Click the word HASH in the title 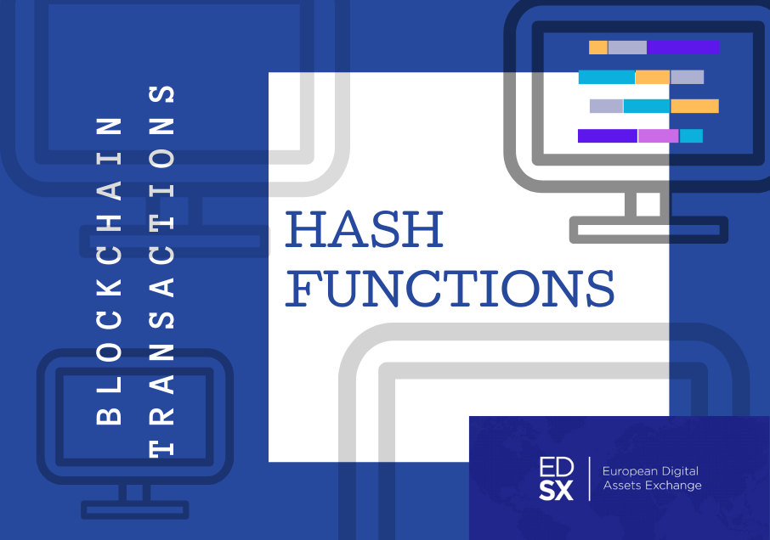click(365, 229)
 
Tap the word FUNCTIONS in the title click(450, 289)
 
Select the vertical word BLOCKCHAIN click(109, 271)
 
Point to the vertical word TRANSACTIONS click(161, 271)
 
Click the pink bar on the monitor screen click(658, 136)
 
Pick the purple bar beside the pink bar click(608, 136)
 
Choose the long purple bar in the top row click(683, 48)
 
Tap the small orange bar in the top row click(598, 48)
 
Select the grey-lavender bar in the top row click(627, 48)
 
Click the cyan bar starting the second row click(607, 77)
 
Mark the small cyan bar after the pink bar click(692, 136)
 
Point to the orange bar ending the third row click(695, 106)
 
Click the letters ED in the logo click(557, 467)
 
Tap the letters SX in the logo click(557, 490)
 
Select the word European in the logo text click(630, 472)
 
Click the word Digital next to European click(680, 472)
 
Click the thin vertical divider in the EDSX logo click(589, 479)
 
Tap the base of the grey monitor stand click(648, 229)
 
